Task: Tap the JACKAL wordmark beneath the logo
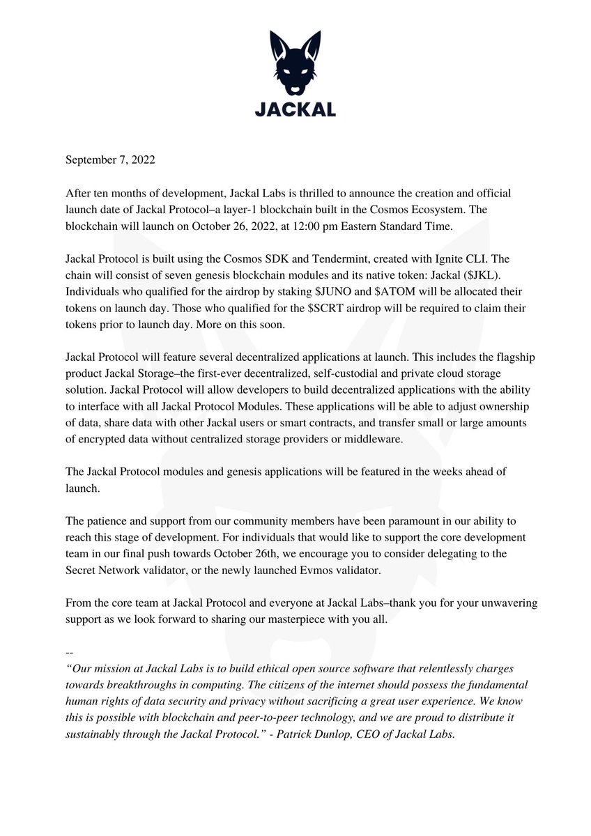(295, 109)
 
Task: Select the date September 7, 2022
(110, 160)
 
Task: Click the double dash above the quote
(69, 653)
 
